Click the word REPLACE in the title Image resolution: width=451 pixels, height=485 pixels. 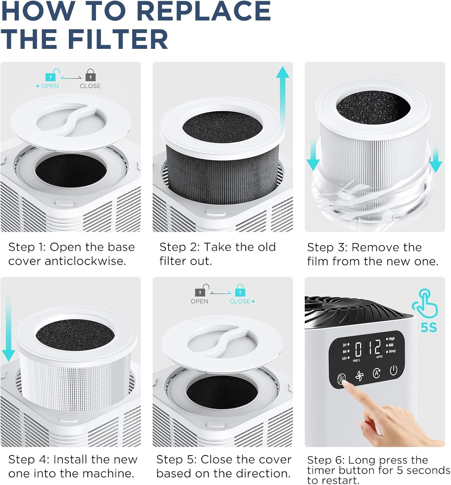tap(203, 11)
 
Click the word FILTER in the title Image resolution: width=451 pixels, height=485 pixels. tap(118, 39)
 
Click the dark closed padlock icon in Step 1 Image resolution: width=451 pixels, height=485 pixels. tap(91, 75)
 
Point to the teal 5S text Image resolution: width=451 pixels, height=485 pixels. tap(428, 327)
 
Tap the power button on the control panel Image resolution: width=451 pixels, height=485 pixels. tap(393, 370)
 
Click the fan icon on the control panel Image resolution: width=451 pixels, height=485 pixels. tap(359, 376)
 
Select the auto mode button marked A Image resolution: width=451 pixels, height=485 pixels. tap(377, 373)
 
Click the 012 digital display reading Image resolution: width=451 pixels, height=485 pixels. tap(368, 349)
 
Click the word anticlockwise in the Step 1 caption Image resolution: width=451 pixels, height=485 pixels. tap(85, 261)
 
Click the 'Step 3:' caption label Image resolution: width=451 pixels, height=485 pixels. tap(327, 247)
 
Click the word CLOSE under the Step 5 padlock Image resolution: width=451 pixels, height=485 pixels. tap(240, 301)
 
